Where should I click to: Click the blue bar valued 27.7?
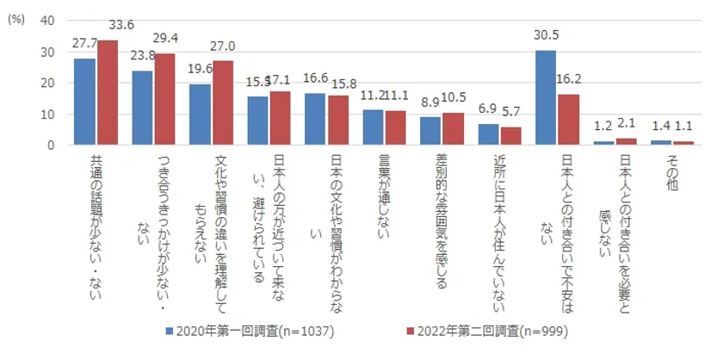pyautogui.click(x=85, y=102)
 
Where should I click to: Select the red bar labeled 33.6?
pyautogui.click(x=108, y=92)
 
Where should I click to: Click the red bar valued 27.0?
pyautogui.click(x=223, y=102)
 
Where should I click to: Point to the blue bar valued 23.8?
pyautogui.click(x=143, y=108)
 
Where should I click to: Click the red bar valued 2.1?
pyautogui.click(x=627, y=141)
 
